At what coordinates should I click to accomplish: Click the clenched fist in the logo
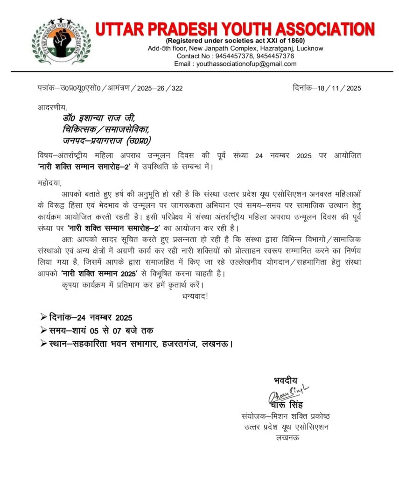click(61, 43)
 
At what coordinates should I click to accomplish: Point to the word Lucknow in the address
click(310, 48)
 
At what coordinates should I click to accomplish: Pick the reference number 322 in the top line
click(177, 88)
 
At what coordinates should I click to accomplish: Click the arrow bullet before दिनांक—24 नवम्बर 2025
click(43, 317)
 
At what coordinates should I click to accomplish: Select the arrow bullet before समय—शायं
click(43, 331)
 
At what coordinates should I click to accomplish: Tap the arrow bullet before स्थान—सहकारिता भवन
click(43, 344)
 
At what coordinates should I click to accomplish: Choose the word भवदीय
click(285, 380)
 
